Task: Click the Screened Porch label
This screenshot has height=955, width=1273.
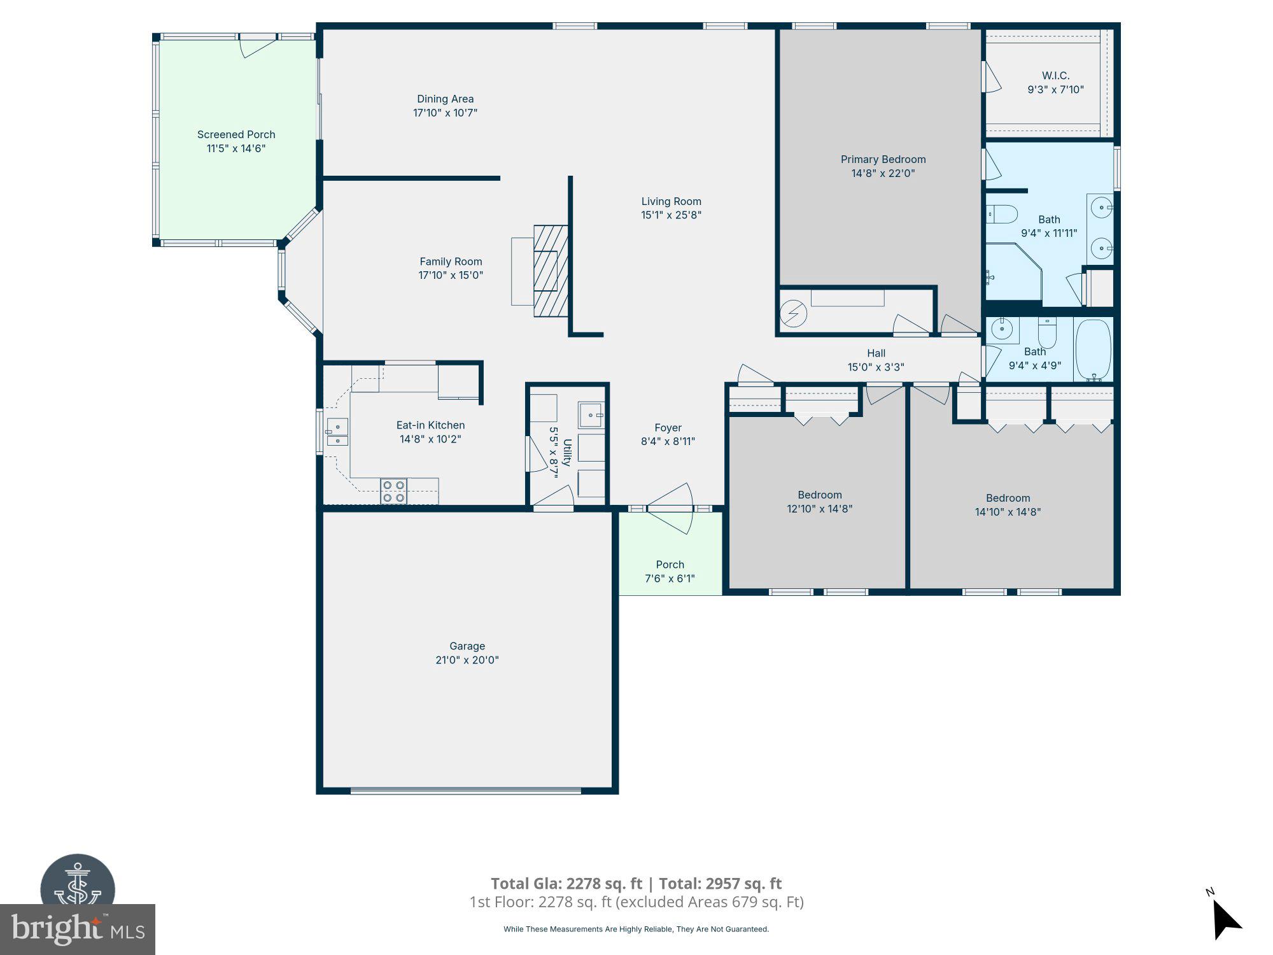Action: pyautogui.click(x=236, y=134)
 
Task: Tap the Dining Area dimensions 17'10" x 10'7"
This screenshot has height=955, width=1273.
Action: pyautogui.click(x=445, y=113)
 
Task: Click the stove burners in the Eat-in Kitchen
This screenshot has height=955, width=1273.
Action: pyautogui.click(x=393, y=492)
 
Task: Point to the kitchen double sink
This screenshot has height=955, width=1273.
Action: pyautogui.click(x=337, y=432)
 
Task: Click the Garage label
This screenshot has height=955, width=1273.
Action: pyautogui.click(x=467, y=646)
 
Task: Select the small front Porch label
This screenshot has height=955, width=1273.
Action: pyautogui.click(x=670, y=565)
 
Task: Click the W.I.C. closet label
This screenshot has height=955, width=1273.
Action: pyautogui.click(x=1055, y=76)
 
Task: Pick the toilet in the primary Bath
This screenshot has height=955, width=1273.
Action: pyautogui.click(x=1002, y=214)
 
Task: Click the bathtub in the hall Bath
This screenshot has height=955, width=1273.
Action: pyautogui.click(x=1093, y=350)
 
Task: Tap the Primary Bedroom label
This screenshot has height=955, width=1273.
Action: pyautogui.click(x=883, y=159)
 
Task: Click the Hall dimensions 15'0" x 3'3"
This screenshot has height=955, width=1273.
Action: pyautogui.click(x=876, y=367)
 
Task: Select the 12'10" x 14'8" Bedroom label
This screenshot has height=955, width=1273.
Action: pyautogui.click(x=820, y=495)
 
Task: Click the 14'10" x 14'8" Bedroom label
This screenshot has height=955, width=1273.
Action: pyautogui.click(x=1008, y=499)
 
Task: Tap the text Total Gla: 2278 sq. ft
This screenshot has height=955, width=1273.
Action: pyautogui.click(x=566, y=884)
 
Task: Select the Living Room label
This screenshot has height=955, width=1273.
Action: pyautogui.click(x=671, y=201)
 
